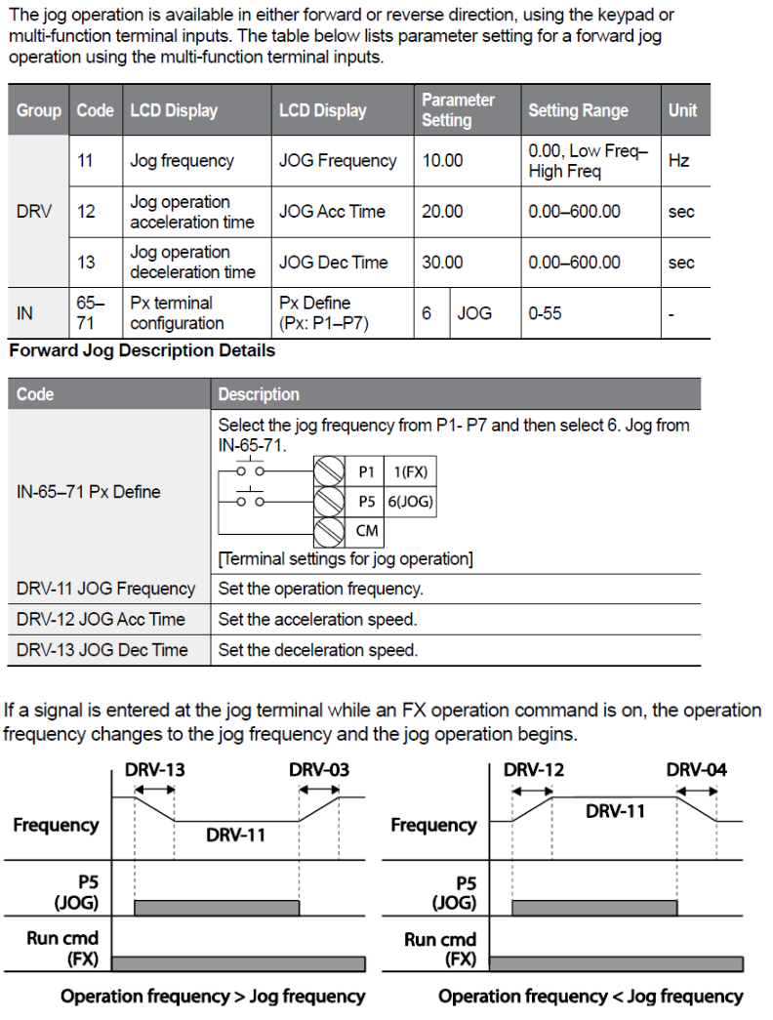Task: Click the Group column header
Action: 39,110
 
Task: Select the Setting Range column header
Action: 578,110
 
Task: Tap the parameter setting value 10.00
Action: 442,161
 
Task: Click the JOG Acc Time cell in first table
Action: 332,212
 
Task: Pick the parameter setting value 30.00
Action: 442,263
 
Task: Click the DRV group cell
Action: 35,212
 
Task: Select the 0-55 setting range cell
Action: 545,313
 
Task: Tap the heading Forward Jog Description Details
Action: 142,350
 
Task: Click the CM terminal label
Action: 367,532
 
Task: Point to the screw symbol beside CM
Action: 332,532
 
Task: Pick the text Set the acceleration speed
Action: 317,620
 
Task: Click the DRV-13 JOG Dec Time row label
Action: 102,649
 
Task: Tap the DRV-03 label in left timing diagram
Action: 318,770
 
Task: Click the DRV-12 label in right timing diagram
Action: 533,770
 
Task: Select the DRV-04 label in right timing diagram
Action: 696,770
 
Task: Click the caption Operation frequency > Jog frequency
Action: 213,997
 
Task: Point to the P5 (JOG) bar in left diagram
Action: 217,908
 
